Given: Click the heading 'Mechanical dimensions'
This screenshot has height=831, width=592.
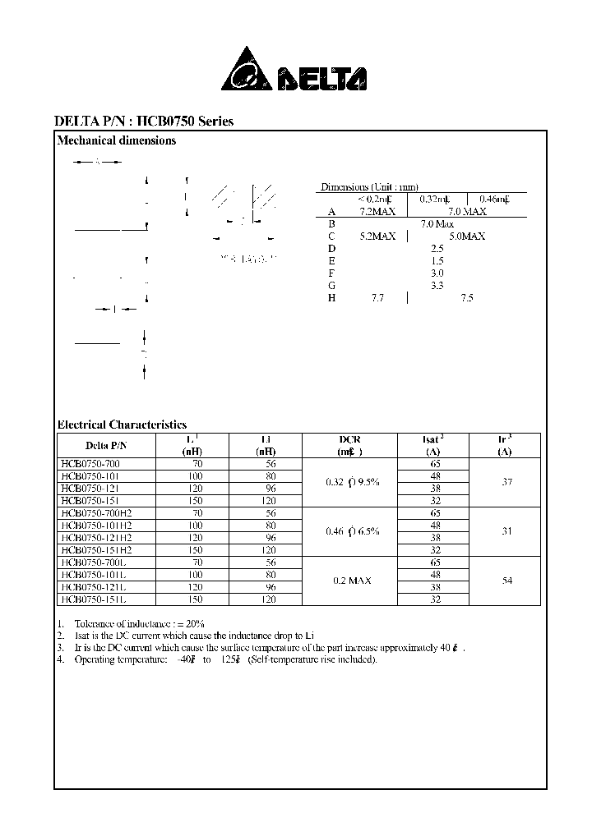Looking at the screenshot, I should tap(116, 140).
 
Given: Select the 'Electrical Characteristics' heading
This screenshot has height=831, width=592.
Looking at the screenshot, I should tap(122, 425).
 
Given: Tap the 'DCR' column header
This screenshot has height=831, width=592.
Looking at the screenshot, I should tap(349, 440).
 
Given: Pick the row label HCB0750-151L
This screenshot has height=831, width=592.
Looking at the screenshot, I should tap(92, 599).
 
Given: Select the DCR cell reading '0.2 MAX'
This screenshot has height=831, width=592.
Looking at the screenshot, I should tap(351, 581).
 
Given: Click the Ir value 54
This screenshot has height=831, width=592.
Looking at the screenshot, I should tap(506, 581).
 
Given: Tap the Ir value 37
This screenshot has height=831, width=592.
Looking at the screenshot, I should tap(506, 482).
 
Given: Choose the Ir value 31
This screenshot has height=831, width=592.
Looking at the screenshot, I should tap(506, 531).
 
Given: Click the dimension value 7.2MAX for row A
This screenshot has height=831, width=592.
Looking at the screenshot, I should tap(377, 211).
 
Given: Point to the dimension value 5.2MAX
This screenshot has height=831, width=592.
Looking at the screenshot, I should tap(377, 236).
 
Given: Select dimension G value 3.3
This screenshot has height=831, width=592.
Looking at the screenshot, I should tap(437, 285).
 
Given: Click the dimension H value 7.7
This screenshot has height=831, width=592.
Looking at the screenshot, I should tap(377, 298).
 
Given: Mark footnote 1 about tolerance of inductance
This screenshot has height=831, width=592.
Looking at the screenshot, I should tap(132, 623).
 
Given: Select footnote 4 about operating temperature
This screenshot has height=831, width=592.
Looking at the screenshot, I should tap(218, 660).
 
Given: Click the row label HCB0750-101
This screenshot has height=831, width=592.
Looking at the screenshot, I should tap(90, 475).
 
